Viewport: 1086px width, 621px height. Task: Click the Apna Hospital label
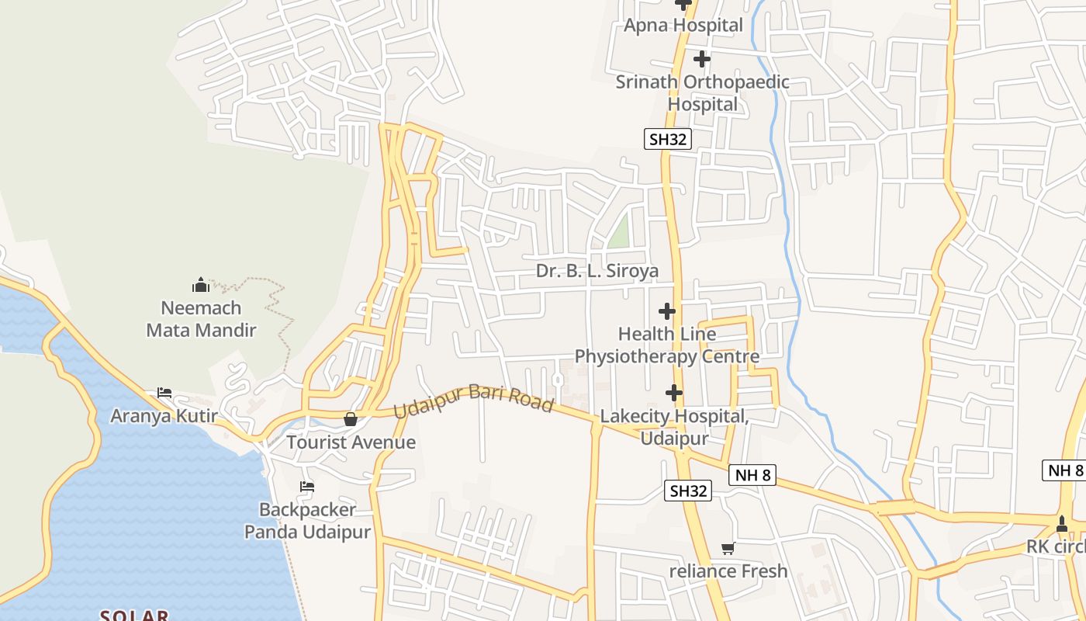click(x=683, y=25)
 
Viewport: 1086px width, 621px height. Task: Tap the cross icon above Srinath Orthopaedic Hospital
click(x=701, y=59)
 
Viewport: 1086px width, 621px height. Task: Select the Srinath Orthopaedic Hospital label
click(x=702, y=92)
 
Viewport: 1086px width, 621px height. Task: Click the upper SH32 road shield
click(x=667, y=139)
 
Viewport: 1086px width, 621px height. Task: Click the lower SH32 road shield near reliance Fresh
click(x=688, y=491)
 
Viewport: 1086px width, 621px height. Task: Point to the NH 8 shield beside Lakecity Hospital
click(x=752, y=475)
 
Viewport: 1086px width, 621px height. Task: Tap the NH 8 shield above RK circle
click(x=1065, y=470)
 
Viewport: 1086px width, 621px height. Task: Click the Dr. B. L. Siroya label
click(x=597, y=271)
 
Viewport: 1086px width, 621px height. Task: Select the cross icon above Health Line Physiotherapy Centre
click(x=666, y=311)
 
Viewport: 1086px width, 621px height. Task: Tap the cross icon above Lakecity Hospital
click(x=674, y=393)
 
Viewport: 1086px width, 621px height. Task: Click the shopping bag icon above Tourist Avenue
click(x=351, y=419)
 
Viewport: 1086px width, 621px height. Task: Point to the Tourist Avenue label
click(x=351, y=442)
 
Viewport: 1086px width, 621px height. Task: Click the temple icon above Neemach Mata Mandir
click(x=201, y=285)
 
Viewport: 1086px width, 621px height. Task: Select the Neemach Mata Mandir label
click(x=201, y=319)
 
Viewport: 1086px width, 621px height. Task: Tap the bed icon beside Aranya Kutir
click(x=164, y=393)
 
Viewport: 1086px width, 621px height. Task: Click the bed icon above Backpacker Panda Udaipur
click(x=307, y=487)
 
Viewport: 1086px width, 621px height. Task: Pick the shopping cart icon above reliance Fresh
click(x=728, y=549)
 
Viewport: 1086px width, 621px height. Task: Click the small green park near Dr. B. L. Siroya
click(x=619, y=232)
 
